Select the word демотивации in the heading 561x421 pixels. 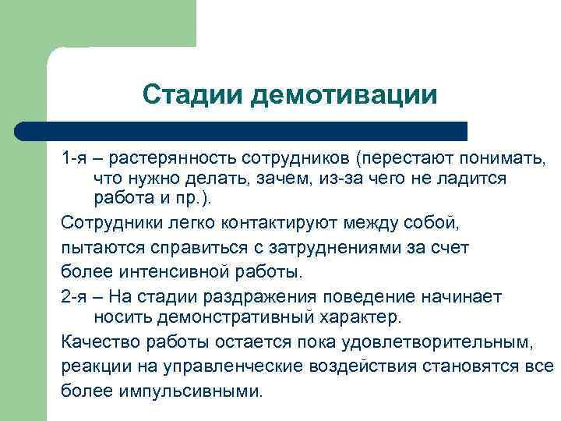tap(344, 95)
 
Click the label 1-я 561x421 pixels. tap(75, 159)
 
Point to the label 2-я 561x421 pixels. tap(75, 297)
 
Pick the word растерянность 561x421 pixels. tap(173, 159)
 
